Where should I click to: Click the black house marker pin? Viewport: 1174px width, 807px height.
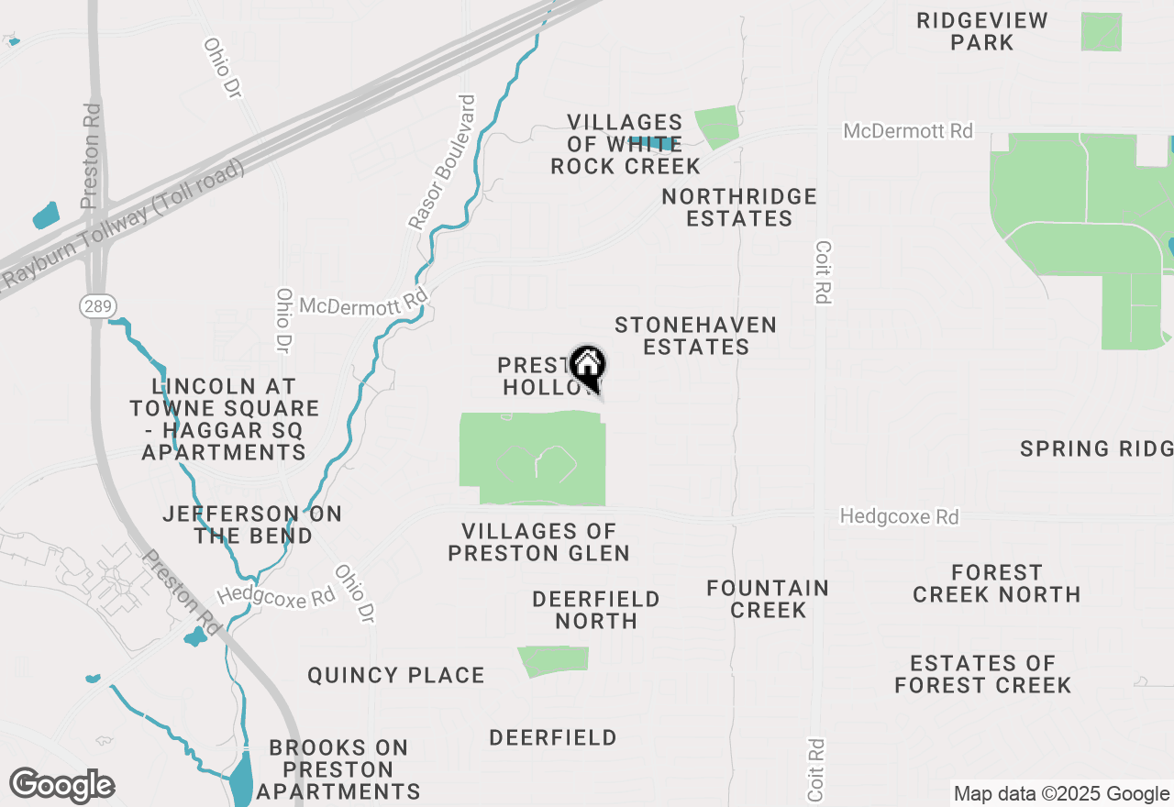588,366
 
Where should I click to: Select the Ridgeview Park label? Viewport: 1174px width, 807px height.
981,31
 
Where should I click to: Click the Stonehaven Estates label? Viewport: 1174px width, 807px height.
696,336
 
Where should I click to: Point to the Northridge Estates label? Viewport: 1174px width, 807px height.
739,207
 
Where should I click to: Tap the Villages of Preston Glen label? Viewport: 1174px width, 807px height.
538,542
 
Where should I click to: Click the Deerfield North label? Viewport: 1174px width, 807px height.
596,610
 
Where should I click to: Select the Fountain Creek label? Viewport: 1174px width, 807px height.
768,599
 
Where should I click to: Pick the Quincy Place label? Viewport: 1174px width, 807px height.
396,676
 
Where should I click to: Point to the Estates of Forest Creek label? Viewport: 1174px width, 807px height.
982,674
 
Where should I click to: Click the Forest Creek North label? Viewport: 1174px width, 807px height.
996,583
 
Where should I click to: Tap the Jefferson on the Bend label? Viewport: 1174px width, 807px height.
252,525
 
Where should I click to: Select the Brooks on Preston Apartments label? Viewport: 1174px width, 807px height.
338,769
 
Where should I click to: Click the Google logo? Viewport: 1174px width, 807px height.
61,786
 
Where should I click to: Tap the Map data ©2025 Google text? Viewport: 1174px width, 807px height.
1061,794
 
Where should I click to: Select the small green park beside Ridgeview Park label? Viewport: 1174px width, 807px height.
1101,32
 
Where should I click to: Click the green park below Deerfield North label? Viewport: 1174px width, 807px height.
553,661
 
